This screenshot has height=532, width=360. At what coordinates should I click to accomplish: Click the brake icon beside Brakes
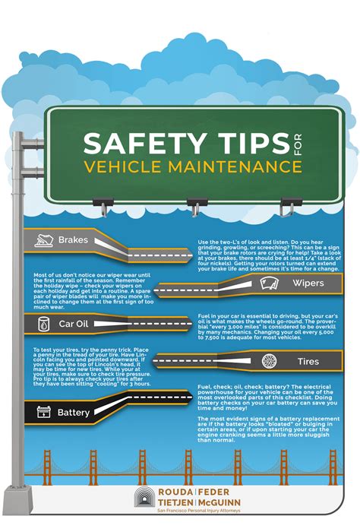(42, 240)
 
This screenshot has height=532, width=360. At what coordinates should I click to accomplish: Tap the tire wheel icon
(269, 361)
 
